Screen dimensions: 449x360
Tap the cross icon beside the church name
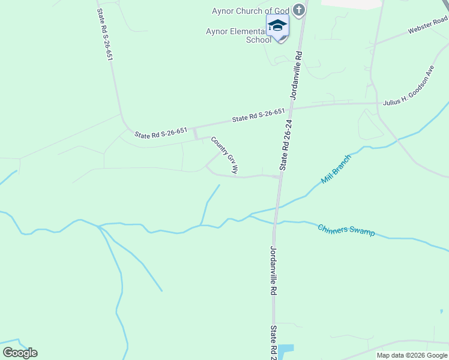pos(300,10)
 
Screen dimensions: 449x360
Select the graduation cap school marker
pos(277,26)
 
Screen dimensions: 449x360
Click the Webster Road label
pos(427,25)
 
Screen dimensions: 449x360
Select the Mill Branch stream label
pos(335,169)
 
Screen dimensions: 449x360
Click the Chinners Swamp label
pos(346,230)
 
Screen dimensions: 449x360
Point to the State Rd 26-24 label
pos(286,145)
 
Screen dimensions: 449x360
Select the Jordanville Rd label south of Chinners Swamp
pos(273,271)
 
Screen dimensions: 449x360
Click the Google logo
pos(20,353)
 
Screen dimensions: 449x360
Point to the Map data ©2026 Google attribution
pos(412,355)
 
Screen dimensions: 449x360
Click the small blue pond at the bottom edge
pos(286,350)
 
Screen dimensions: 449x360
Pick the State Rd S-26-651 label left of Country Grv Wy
pos(161,133)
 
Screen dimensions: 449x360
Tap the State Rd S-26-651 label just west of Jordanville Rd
pos(258,116)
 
